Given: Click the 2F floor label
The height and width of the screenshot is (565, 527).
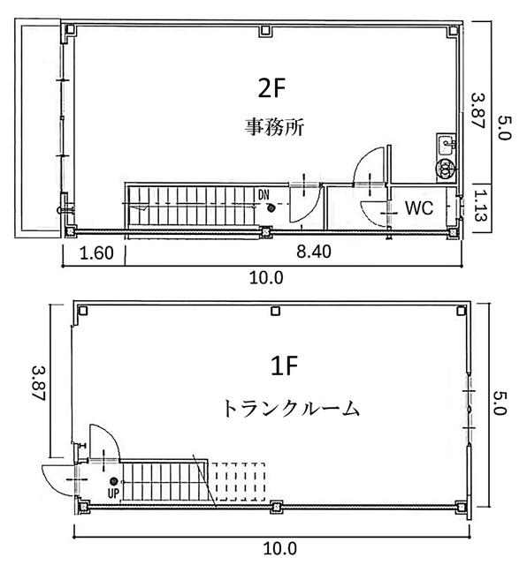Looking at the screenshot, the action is tap(271, 88).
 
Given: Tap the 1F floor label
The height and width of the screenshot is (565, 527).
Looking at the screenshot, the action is tap(284, 365).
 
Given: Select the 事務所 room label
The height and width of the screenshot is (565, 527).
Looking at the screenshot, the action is tap(274, 126).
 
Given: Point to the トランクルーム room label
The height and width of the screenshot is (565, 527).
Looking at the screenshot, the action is tap(291, 409).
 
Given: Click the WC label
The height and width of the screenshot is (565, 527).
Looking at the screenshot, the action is tap(419, 208).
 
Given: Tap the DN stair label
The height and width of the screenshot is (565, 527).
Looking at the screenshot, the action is tap(263, 195).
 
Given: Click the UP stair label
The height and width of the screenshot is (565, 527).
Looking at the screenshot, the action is tap(113, 493).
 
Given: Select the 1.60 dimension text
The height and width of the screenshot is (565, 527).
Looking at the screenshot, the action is tap(96, 253).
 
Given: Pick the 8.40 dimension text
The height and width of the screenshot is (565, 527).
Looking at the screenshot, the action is tap(314, 252).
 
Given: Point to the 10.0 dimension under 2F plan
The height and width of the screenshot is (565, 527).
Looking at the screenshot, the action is tap(266, 278).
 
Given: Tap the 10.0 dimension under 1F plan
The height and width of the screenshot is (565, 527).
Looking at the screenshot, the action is tap(279, 549).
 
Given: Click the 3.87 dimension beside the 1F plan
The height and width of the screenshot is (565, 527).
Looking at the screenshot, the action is tap(39, 383).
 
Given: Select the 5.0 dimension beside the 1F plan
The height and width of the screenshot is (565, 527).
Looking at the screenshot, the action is tap(500, 403).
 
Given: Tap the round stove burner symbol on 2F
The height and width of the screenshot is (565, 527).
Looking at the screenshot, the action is tap(445, 167).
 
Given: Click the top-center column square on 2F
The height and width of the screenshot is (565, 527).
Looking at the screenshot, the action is tap(265, 32).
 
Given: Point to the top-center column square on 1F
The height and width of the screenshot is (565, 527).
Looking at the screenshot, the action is tap(276, 311).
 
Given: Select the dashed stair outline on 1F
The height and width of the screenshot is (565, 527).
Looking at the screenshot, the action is tap(238, 482).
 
